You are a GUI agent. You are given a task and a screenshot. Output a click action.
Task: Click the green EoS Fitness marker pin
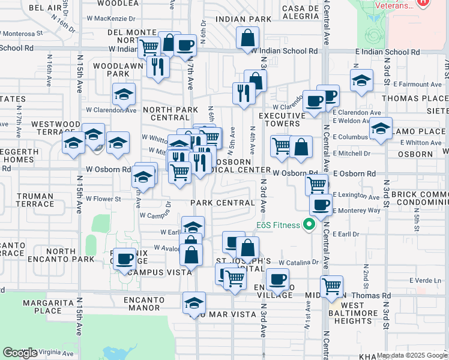[x=310, y=226]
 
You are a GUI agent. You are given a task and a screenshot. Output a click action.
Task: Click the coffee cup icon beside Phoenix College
[x=124, y=259]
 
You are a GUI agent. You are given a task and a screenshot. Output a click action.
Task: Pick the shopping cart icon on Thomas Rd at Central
[x=331, y=286]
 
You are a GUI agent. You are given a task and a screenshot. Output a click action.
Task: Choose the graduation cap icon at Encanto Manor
[x=194, y=303]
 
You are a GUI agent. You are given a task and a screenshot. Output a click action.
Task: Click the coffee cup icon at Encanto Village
[x=277, y=279]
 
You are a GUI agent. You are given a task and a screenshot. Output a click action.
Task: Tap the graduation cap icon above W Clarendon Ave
[x=124, y=94]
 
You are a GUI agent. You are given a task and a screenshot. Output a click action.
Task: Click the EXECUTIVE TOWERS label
[x=279, y=119]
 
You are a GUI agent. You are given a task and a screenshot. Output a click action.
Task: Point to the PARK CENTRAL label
[x=223, y=203]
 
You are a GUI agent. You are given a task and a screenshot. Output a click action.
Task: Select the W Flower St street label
[x=103, y=199]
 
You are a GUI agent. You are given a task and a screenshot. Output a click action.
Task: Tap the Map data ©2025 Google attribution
[x=412, y=355]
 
